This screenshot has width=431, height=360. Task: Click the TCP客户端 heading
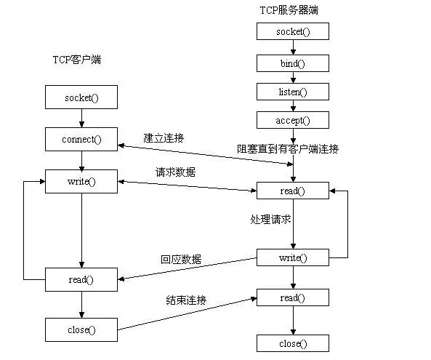[77, 60]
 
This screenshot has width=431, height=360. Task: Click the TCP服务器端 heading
[289, 10]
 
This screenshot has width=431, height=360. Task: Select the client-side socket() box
[81, 97]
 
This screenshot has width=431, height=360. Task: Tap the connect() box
[81, 138]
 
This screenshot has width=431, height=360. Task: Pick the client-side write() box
[81, 181]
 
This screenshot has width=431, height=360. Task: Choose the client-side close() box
[81, 329]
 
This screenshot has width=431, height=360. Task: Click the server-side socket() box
[292, 31]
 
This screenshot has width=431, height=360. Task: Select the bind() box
[292, 63]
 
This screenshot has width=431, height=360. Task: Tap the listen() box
[292, 92]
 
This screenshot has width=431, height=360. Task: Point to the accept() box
[292, 121]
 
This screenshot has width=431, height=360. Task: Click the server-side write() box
[292, 257]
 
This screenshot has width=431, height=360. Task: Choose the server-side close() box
[292, 343]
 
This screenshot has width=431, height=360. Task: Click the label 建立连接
[164, 138]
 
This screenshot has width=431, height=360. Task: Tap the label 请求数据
[176, 172]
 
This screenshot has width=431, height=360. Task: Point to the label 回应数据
[181, 259]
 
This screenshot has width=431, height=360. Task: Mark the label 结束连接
[186, 300]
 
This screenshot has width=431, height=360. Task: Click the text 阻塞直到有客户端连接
[288, 149]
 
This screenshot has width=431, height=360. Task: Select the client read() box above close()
[81, 279]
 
